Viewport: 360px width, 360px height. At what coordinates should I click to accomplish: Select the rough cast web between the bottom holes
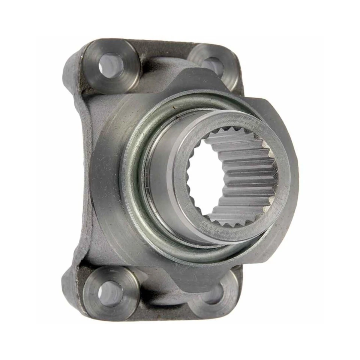(165, 300)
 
